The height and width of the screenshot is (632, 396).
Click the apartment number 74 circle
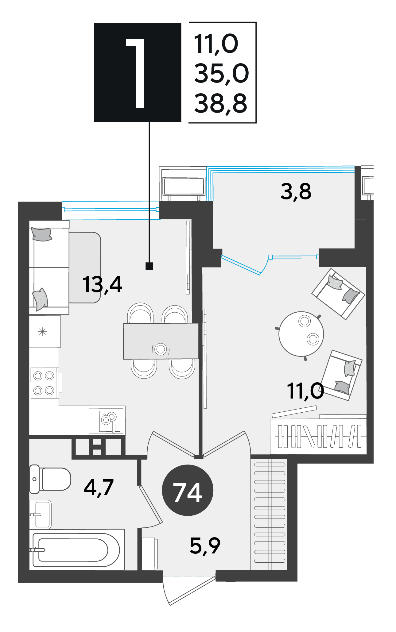tap(187, 490)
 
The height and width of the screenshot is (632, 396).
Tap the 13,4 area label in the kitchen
tap(102, 284)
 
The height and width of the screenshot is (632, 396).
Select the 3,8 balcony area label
tap(296, 191)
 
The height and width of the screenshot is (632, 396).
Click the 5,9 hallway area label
tap(205, 546)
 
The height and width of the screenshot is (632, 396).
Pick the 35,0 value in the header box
tap(221, 74)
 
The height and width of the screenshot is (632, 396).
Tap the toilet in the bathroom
tap(50, 479)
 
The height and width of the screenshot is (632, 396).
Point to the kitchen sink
tap(107, 420)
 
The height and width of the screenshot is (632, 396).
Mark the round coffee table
tap(301, 334)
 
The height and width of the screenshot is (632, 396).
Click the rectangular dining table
tap(161, 341)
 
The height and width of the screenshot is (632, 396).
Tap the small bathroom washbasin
tap(41, 514)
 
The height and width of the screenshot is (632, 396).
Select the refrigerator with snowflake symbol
tap(45, 331)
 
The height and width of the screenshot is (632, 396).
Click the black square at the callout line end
tap(149, 266)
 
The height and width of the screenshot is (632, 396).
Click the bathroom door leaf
tap(150, 505)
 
